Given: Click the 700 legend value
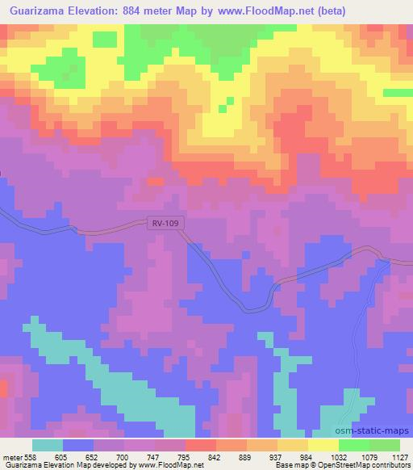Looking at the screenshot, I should (120, 456).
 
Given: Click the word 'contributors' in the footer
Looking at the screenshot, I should (390, 466).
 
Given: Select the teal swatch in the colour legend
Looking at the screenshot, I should (48, 445).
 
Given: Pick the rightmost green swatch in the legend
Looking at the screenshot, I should (385, 445).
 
